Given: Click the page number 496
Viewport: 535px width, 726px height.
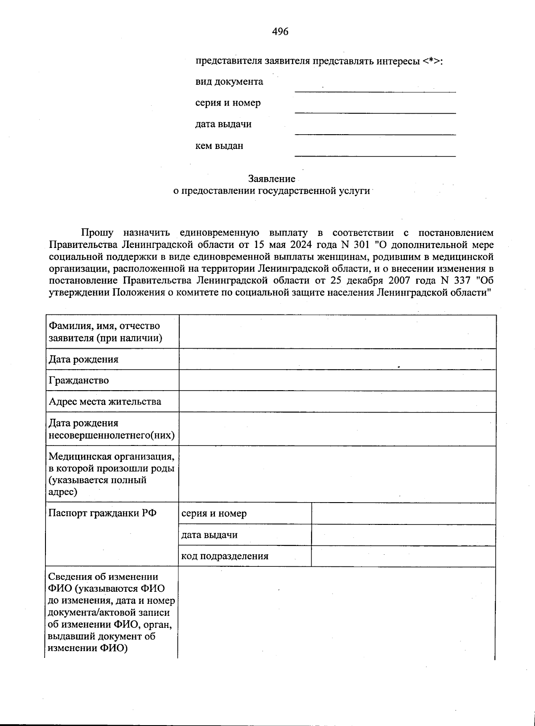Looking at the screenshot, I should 280,32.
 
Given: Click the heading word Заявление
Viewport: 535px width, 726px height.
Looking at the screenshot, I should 272,179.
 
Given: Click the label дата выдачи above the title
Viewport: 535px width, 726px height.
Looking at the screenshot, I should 223,124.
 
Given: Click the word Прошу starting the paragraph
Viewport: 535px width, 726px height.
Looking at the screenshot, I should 97,233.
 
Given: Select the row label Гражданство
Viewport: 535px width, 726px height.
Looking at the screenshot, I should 78,380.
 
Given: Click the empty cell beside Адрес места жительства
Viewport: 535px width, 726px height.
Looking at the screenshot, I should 337,402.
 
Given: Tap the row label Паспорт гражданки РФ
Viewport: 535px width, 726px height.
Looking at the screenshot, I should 102,513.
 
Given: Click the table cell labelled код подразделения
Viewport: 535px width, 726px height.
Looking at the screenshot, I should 225,556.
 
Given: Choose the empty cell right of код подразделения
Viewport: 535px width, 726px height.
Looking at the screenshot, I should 403,556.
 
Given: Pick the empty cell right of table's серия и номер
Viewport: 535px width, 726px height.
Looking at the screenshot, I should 403,514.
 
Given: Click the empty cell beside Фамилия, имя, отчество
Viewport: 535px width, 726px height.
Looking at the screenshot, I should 337,332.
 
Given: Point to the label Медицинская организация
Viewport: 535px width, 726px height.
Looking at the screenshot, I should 111,457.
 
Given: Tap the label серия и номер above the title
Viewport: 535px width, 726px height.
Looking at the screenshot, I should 228,103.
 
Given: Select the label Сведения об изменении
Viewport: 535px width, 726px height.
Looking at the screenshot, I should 103,577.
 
